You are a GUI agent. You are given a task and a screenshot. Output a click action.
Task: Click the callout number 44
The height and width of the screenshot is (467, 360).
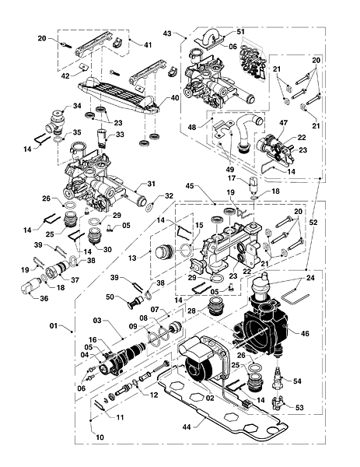(187, 427)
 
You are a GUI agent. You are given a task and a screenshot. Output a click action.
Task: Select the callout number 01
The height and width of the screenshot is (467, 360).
(54, 326)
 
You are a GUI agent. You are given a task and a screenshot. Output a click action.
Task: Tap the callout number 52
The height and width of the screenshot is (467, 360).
(313, 223)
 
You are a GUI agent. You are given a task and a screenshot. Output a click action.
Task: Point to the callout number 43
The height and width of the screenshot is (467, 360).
(167, 33)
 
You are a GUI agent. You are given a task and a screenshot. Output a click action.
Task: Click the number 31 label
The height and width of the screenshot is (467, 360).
(152, 184)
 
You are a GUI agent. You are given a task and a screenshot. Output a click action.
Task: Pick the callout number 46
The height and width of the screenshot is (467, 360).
(305, 333)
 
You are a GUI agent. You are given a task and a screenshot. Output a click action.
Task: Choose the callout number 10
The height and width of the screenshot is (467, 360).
(100, 437)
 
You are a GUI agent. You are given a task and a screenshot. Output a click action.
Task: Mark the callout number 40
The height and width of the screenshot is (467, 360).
(175, 98)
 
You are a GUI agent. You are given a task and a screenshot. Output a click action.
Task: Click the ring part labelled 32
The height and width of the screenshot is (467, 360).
(149, 207)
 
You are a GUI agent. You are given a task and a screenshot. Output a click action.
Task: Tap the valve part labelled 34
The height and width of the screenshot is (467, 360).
(57, 121)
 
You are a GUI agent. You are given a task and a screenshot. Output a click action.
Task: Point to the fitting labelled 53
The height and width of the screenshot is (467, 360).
(278, 403)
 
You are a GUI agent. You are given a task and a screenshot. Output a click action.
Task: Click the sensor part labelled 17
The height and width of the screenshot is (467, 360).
(253, 184)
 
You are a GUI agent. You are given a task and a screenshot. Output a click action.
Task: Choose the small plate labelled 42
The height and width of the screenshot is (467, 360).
(84, 67)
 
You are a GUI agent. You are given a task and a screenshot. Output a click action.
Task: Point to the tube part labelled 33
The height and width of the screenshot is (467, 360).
(102, 138)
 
